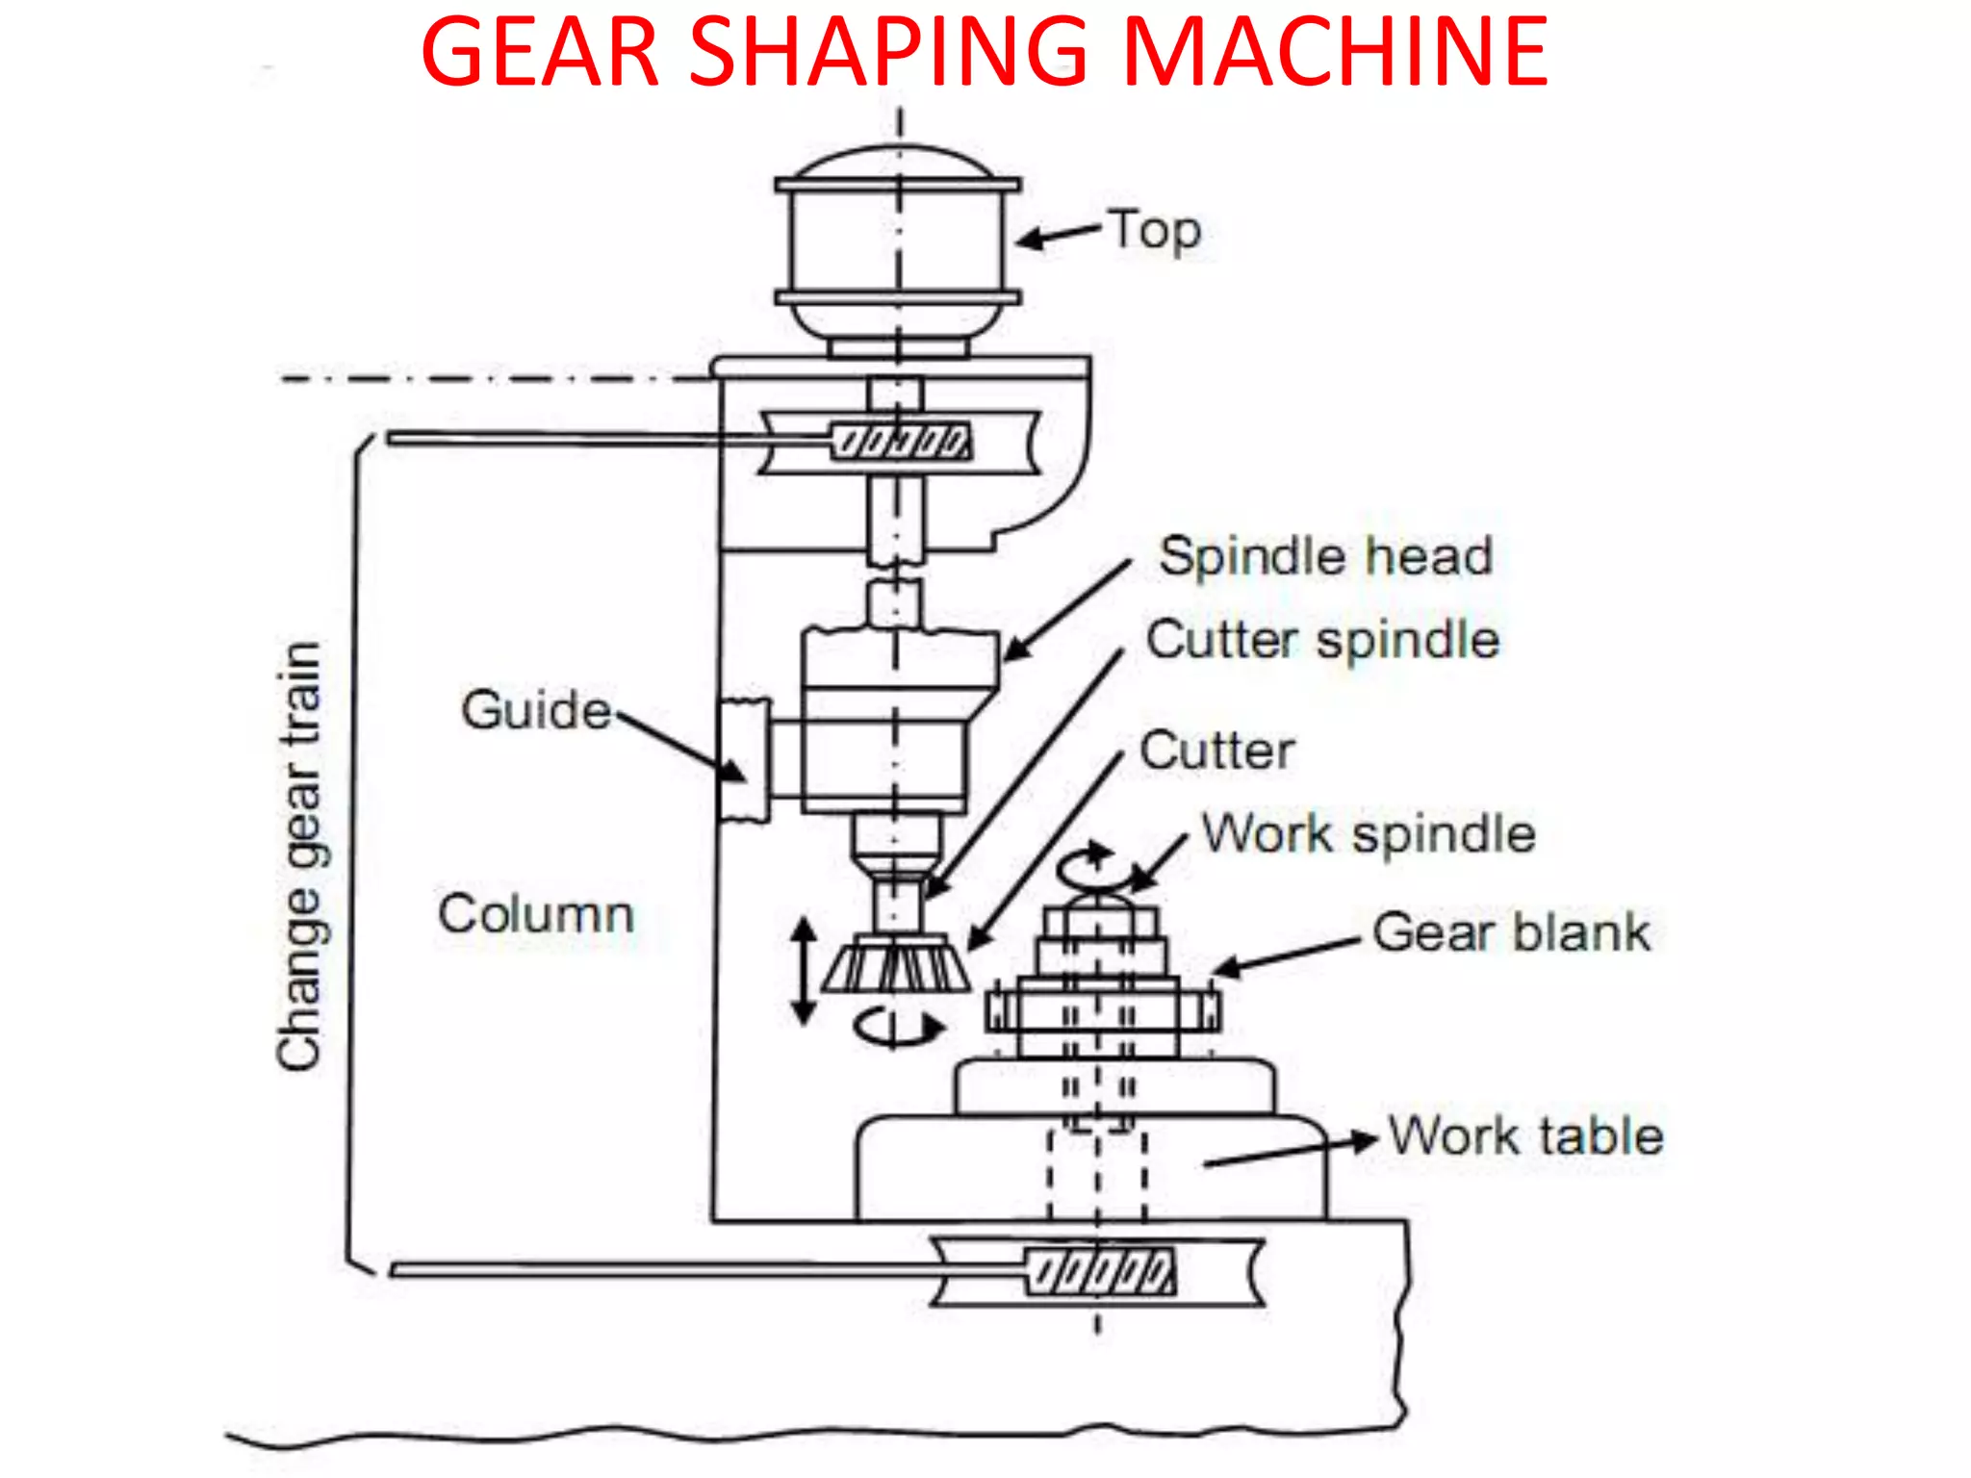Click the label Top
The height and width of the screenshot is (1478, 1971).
[x=1155, y=231]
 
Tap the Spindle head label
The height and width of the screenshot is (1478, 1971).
[x=1325, y=556]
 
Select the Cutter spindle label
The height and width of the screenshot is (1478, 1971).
[x=1322, y=640]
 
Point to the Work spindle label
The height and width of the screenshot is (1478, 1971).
[x=1369, y=833]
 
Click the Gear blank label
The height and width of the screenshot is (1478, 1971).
[x=1511, y=932]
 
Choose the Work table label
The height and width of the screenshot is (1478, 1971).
[x=1525, y=1135]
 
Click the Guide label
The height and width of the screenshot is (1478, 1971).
[x=535, y=710]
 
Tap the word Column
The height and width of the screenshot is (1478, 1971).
[x=536, y=913]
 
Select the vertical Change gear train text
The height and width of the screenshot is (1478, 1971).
[x=299, y=856]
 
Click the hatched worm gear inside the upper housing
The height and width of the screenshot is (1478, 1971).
[x=901, y=442]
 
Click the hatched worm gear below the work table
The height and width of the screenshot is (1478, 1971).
[x=1100, y=1272]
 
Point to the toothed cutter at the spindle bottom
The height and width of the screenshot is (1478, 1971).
[x=895, y=965]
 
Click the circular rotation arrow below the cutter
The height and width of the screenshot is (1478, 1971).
[x=897, y=1028]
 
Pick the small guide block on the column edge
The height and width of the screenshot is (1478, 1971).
[x=746, y=760]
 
